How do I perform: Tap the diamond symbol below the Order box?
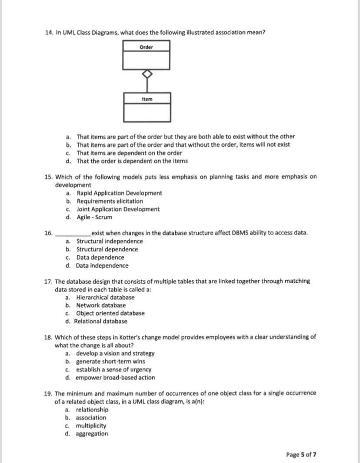[147, 74]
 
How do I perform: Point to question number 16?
[49, 233]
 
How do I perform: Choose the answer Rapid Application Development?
[119, 193]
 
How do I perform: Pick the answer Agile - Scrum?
[94, 217]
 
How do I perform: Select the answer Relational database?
[101, 321]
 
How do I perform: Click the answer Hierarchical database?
[105, 297]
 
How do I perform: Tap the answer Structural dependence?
[107, 249]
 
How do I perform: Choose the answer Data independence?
[102, 265]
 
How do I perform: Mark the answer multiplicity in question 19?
[91, 426]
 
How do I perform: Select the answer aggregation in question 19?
[92, 434]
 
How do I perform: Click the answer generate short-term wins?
[110, 361]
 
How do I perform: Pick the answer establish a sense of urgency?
[113, 369]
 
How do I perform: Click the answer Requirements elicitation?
[110, 201]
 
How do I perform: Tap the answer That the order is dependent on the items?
[132, 161]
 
